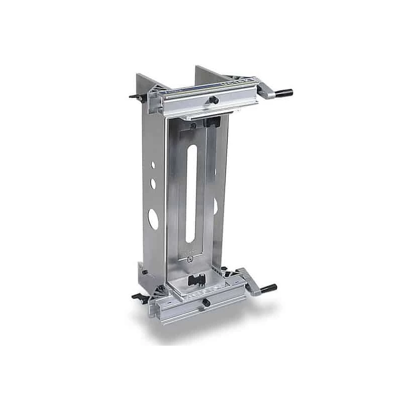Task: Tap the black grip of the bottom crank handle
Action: pyautogui.click(x=268, y=287)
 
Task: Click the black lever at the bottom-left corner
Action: pyautogui.click(x=138, y=297)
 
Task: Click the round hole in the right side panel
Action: pyautogui.click(x=215, y=206)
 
